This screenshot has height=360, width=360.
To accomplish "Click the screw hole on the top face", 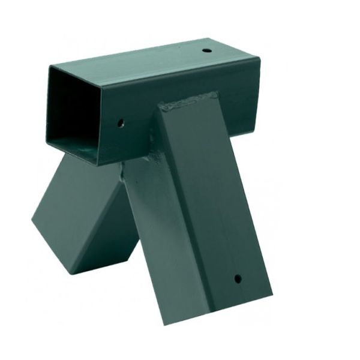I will [206, 50].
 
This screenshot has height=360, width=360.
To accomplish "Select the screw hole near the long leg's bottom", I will [238, 278].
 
